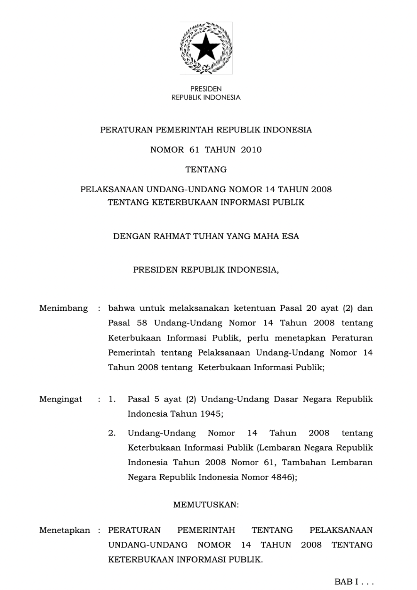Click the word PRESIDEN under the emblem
point(206,89)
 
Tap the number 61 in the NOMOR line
point(194,150)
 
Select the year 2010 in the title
point(251,150)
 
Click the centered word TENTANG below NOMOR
point(206,170)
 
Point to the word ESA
point(290,236)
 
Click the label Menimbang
point(63,308)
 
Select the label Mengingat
point(61,399)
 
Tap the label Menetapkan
point(64,531)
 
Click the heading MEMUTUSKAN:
point(206,505)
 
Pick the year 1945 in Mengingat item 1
point(211,414)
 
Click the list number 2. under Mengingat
point(112,433)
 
